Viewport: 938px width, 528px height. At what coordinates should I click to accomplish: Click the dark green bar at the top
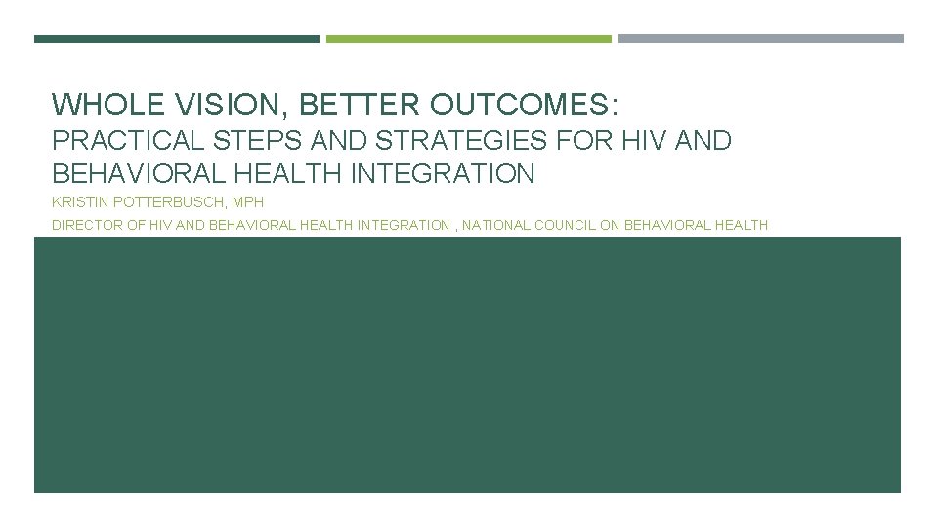(x=177, y=39)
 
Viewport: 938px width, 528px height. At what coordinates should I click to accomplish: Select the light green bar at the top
(x=469, y=39)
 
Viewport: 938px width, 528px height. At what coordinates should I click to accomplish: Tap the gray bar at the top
(x=761, y=39)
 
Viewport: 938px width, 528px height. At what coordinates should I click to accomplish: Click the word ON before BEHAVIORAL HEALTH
(x=611, y=225)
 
